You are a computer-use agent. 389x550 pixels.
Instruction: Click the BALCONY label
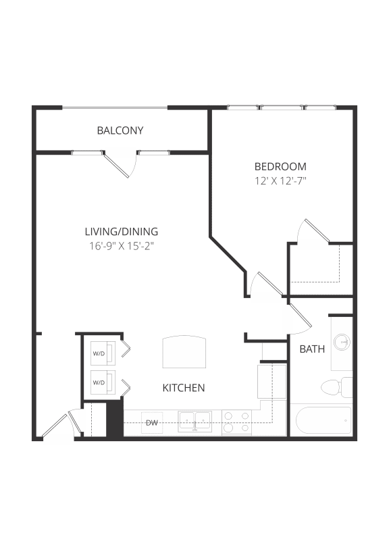[120, 130]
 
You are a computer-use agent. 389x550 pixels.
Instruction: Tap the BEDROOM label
[280, 166]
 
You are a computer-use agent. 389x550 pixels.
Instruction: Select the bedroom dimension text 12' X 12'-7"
[280, 180]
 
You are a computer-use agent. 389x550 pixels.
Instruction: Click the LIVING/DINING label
[122, 232]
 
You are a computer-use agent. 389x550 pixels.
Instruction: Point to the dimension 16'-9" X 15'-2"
[122, 246]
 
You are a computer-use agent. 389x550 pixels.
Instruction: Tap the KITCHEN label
[184, 388]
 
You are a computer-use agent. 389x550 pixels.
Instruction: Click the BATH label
[312, 349]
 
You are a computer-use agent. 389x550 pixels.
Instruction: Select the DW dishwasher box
[152, 423]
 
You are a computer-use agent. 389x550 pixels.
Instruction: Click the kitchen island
[183, 351]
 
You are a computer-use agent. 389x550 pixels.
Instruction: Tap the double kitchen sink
[194, 422]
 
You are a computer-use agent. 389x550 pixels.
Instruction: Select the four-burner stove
[237, 422]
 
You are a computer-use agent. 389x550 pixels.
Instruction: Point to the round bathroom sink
[344, 343]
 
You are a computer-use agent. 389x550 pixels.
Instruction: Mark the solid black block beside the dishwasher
[114, 419]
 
